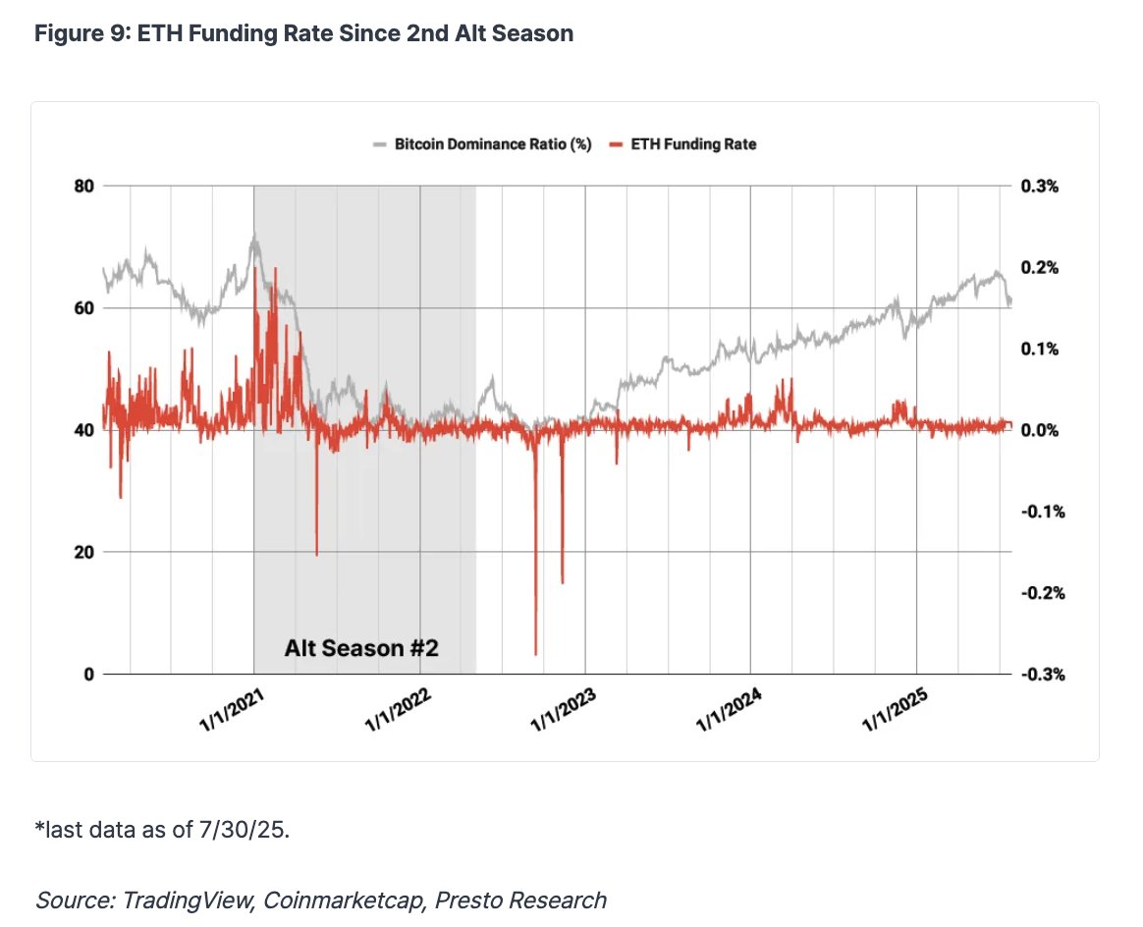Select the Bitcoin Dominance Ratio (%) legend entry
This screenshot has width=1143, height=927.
point(482,144)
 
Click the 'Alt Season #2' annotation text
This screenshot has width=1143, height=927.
point(360,649)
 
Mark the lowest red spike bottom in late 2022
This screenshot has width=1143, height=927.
point(536,654)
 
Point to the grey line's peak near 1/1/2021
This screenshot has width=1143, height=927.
point(254,235)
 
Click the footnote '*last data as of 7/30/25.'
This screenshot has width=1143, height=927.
point(162,830)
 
